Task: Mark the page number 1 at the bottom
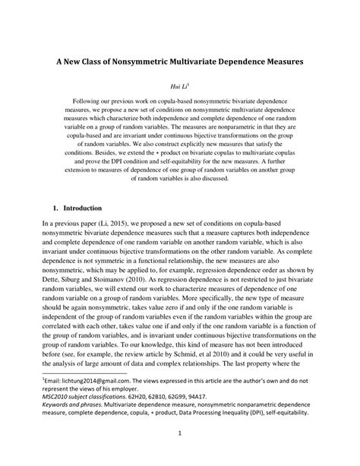tap(180, 455)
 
